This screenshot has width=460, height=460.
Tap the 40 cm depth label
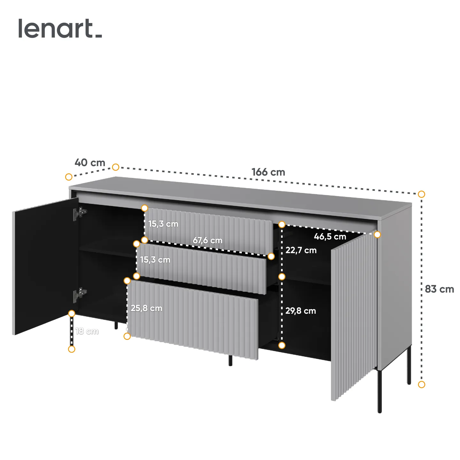click(x=90, y=163)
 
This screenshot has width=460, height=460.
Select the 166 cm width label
click(x=268, y=172)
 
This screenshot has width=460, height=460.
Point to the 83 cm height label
click(x=439, y=289)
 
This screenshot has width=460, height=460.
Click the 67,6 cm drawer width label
click(x=207, y=240)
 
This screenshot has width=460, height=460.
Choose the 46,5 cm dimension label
click(x=330, y=237)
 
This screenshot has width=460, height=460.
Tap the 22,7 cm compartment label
click(x=301, y=250)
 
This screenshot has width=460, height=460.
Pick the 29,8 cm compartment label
click(x=301, y=311)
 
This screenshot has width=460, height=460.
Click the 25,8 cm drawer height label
click(x=146, y=308)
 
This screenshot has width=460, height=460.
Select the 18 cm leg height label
click(x=87, y=331)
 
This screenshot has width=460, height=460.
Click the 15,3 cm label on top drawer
click(x=163, y=224)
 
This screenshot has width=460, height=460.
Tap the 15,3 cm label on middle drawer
click(x=155, y=260)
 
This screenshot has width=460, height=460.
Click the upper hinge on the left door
click(x=80, y=213)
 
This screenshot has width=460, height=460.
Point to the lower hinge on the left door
click(x=80, y=294)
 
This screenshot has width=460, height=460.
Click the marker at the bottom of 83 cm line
click(x=421, y=385)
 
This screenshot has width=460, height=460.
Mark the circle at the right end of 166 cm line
click(x=421, y=194)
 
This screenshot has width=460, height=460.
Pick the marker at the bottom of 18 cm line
click(x=72, y=349)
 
